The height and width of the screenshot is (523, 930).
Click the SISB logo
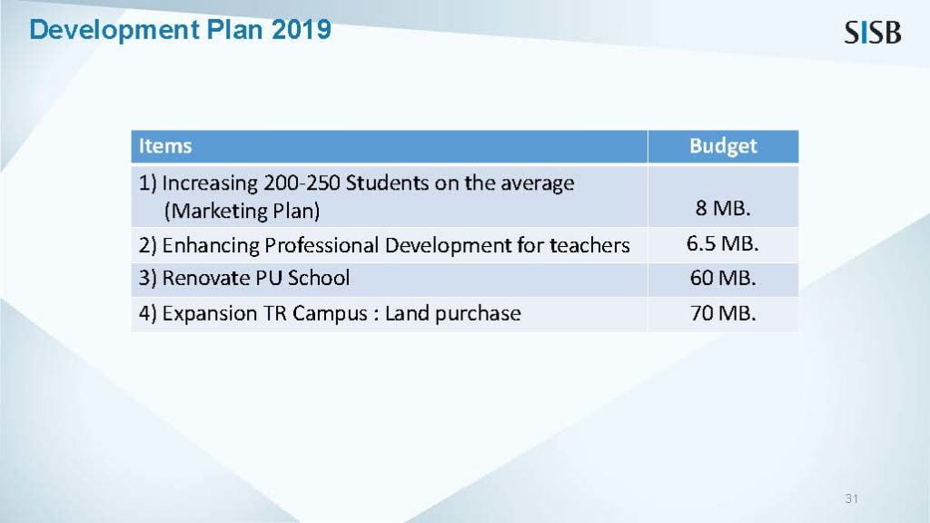pos(873,33)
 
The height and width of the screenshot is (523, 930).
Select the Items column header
pos(165,146)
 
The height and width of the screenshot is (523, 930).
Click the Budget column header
pos(723,146)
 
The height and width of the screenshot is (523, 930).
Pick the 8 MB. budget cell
pos(723,208)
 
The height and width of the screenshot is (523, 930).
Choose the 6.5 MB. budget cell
pos(722,243)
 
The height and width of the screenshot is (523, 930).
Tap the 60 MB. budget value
pos(723,278)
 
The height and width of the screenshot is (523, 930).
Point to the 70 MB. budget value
pos(723,313)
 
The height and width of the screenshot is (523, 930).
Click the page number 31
pos(852,498)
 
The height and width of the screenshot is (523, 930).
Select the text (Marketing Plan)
pos(242,211)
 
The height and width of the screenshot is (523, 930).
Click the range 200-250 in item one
pos(302,183)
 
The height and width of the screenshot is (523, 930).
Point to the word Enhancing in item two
pos(211,246)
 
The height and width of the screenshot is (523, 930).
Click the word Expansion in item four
pos(210,313)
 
